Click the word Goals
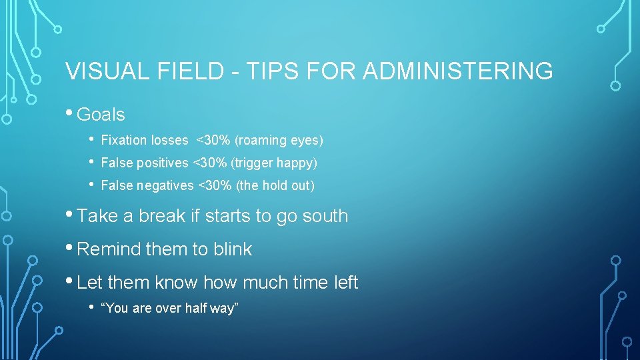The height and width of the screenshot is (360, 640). [x=101, y=115]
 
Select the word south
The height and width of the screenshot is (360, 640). [x=325, y=216]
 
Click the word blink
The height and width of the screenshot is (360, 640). [x=233, y=249]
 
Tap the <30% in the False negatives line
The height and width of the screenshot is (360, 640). [x=215, y=185]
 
